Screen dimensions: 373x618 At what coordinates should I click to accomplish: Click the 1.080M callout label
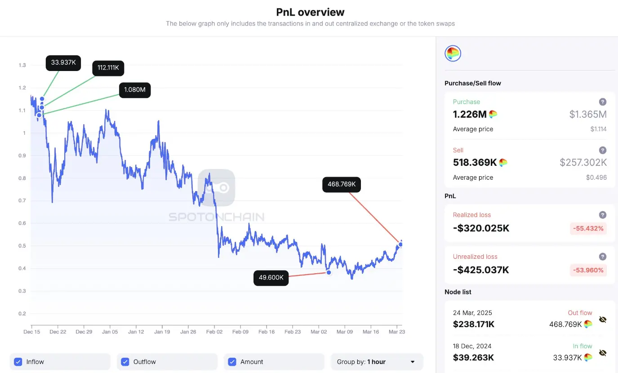click(x=135, y=90)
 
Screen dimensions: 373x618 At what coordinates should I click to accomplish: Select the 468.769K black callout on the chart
click(x=342, y=184)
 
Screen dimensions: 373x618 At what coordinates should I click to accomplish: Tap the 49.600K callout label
click(x=271, y=278)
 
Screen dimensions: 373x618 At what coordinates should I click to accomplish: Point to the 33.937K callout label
click(x=63, y=62)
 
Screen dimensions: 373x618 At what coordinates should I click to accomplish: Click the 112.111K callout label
click(x=108, y=68)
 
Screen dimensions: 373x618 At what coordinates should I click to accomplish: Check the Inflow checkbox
click(x=18, y=362)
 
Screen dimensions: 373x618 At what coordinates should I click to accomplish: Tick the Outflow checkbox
click(x=125, y=362)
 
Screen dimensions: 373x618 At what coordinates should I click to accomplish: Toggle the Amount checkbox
click(x=232, y=362)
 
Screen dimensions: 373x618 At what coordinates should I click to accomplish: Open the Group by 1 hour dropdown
click(x=377, y=362)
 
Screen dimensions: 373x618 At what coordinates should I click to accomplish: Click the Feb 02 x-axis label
click(x=214, y=332)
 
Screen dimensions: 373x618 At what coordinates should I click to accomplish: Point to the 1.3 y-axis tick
click(x=22, y=65)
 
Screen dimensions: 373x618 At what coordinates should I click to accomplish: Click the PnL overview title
click(x=311, y=12)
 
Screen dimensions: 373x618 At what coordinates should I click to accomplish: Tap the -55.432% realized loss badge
click(x=589, y=228)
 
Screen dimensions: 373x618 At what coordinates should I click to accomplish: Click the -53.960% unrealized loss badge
click(x=589, y=270)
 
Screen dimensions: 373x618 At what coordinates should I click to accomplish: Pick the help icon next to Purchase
click(x=603, y=102)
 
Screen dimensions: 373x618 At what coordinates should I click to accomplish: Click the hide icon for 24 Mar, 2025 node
click(x=603, y=320)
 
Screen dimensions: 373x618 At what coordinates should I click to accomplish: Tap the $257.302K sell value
click(x=583, y=163)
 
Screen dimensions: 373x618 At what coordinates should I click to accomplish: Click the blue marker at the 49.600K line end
click(x=329, y=272)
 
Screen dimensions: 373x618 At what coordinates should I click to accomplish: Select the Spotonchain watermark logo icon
click(x=217, y=187)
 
